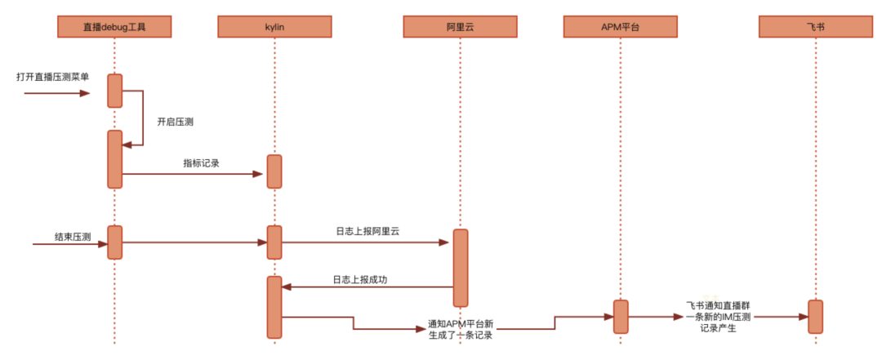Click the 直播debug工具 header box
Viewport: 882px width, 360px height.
(x=114, y=27)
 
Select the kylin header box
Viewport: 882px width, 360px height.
(x=274, y=27)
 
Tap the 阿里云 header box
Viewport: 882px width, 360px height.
(x=460, y=27)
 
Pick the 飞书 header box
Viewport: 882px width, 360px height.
(x=814, y=27)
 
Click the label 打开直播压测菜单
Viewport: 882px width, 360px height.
(x=53, y=77)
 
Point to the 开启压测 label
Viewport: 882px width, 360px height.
(x=175, y=122)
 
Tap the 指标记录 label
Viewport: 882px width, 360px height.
(x=202, y=162)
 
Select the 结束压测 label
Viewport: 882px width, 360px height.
(x=73, y=237)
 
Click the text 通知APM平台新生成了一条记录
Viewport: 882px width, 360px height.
(x=461, y=329)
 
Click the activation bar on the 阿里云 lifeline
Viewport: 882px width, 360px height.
(x=461, y=268)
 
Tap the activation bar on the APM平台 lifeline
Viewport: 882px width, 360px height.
(x=621, y=316)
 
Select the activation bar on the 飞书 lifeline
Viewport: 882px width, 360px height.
(x=815, y=316)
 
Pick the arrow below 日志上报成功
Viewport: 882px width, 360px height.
(x=367, y=287)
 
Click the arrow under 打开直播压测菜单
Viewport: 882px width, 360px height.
(x=57, y=93)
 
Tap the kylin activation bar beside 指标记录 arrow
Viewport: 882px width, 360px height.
(x=274, y=171)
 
